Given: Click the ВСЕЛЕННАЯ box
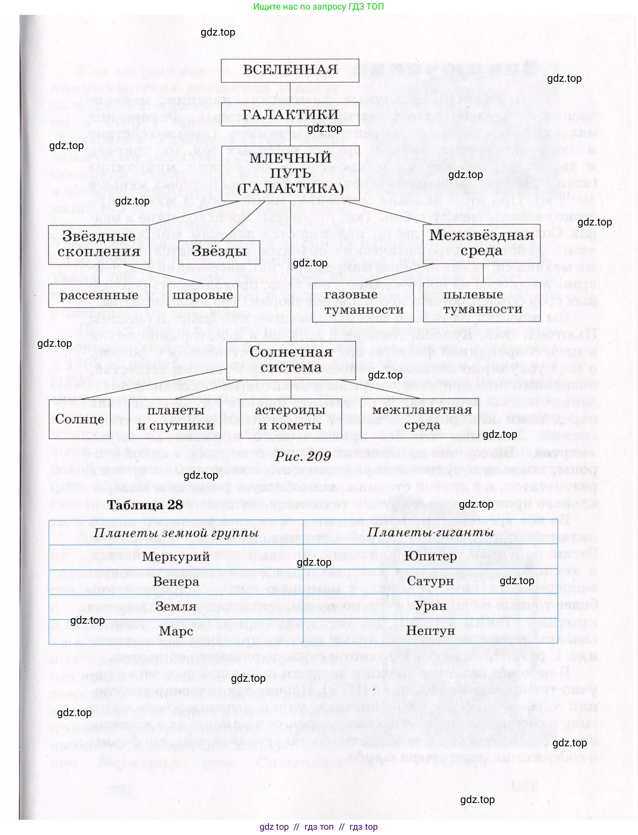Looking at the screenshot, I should point(290,70).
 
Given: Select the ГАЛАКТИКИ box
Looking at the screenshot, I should point(290,114).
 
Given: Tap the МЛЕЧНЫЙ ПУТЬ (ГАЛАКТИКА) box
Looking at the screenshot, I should point(290,173).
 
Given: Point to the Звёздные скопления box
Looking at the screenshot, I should point(99,244).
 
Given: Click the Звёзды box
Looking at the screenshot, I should point(219,252).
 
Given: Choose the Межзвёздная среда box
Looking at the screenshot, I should point(482,243).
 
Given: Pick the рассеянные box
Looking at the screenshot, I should point(99,295).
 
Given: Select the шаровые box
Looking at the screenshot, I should point(203,295).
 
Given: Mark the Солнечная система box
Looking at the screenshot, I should point(291,360).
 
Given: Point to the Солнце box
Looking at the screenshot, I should point(80,419).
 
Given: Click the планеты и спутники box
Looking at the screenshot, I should point(176,418).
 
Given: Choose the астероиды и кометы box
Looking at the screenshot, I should point(290,418).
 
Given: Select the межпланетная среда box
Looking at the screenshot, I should point(422,418).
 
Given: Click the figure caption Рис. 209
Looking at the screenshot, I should point(303,456).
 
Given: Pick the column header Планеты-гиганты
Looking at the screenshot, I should point(430,532).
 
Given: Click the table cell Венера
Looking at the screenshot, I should point(176,582).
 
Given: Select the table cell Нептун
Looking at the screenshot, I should point(430,631).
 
